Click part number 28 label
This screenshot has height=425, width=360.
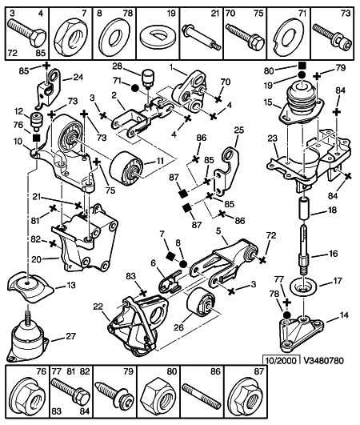(x=118, y=66)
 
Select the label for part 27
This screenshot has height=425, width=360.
(x=70, y=336)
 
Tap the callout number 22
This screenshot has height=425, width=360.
(x=98, y=307)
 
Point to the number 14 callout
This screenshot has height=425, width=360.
(x=344, y=315)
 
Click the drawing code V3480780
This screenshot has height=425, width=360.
(x=324, y=360)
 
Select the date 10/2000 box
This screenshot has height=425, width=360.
(x=282, y=360)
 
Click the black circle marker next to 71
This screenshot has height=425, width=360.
(x=135, y=88)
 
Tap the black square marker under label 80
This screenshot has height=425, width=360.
(x=302, y=66)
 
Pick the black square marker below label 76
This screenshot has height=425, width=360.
(x=36, y=138)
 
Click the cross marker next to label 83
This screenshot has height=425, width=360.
(x=142, y=293)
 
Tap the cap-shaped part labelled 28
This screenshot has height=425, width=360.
(x=148, y=77)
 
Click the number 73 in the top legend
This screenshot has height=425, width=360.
(x=346, y=14)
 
